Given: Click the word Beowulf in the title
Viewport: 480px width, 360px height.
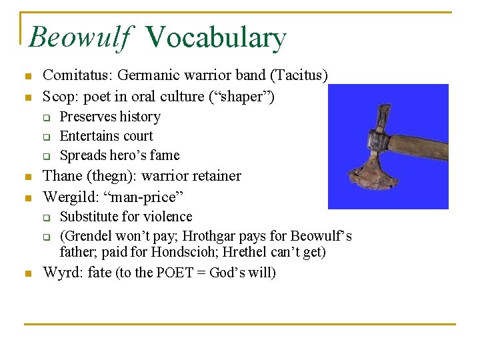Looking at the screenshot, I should pyautogui.click(x=79, y=37).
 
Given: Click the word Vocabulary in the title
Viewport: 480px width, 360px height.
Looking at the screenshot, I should pyautogui.click(x=215, y=37).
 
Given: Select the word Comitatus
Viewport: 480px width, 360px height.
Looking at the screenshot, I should pyautogui.click(x=74, y=76).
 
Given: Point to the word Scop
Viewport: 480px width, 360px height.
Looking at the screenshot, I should pyautogui.click(x=57, y=96).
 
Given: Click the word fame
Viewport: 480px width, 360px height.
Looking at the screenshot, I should pyautogui.click(x=164, y=155).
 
